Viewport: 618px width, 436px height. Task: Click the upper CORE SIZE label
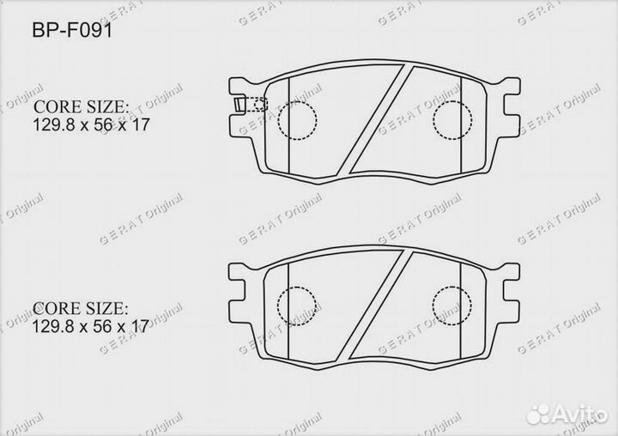click(x=82, y=108)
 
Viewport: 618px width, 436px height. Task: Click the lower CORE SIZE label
click(x=82, y=307)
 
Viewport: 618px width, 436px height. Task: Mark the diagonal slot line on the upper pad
click(x=373, y=120)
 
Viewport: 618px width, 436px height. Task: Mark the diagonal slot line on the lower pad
click(x=373, y=305)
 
